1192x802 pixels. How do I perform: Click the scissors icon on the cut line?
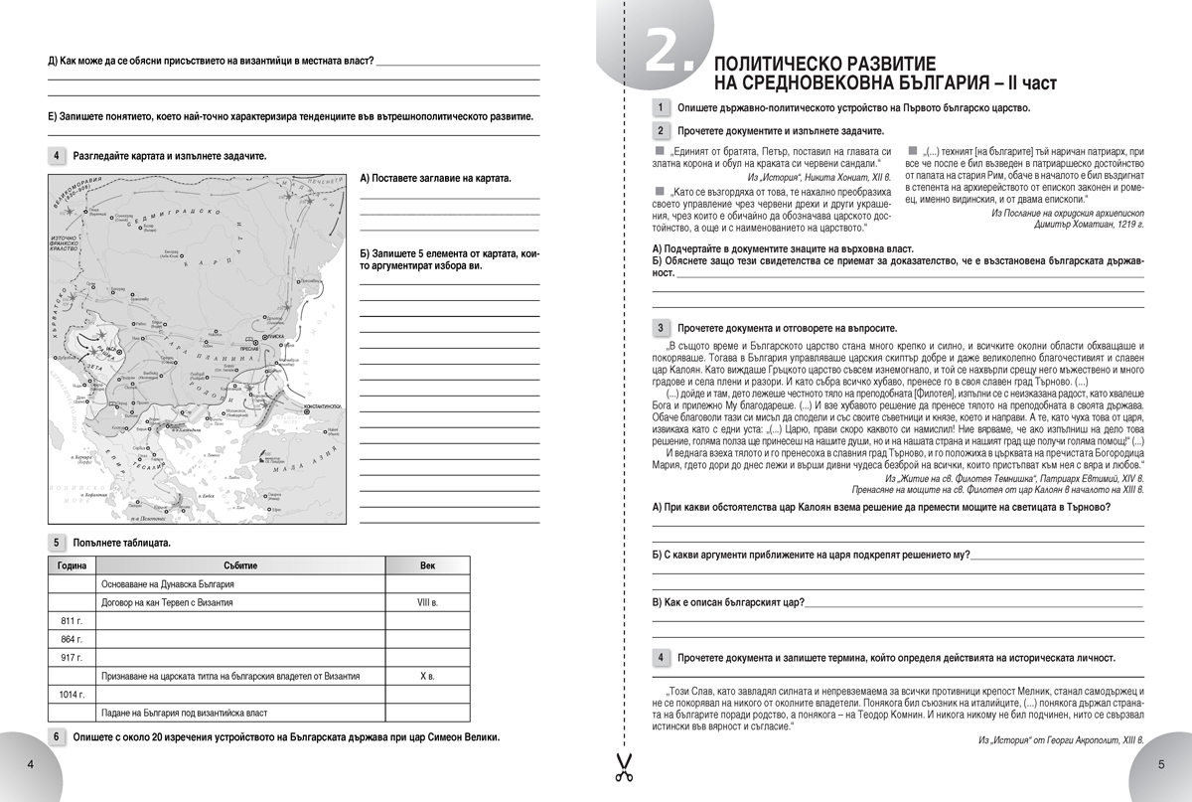(623, 766)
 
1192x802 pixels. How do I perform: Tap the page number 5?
(1161, 764)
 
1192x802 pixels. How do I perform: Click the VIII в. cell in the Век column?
(427, 602)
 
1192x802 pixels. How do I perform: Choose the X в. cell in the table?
(427, 677)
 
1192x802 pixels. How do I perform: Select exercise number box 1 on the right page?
(661, 107)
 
